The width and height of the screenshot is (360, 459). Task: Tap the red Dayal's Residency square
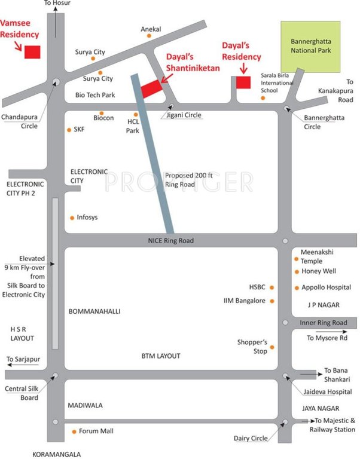tap(243, 82)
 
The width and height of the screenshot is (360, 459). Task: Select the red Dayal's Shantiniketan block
tap(151, 88)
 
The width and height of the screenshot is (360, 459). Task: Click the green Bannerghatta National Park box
tap(311, 46)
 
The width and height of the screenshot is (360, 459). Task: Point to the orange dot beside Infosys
tap(72, 218)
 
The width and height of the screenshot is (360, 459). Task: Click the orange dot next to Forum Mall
tap(74, 431)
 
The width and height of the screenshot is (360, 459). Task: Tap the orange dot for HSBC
tap(272, 287)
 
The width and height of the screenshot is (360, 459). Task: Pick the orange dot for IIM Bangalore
tap(272, 301)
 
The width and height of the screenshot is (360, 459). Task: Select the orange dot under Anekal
tap(149, 36)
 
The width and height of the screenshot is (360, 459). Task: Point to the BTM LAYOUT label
tap(161, 356)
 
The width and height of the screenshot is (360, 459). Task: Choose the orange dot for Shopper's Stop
tap(272, 347)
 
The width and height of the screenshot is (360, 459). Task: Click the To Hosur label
tap(57, 4)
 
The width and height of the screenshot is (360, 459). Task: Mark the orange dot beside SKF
tap(68, 128)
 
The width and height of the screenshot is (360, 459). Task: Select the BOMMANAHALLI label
tap(95, 311)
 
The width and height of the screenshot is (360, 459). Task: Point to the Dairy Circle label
tap(251, 438)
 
